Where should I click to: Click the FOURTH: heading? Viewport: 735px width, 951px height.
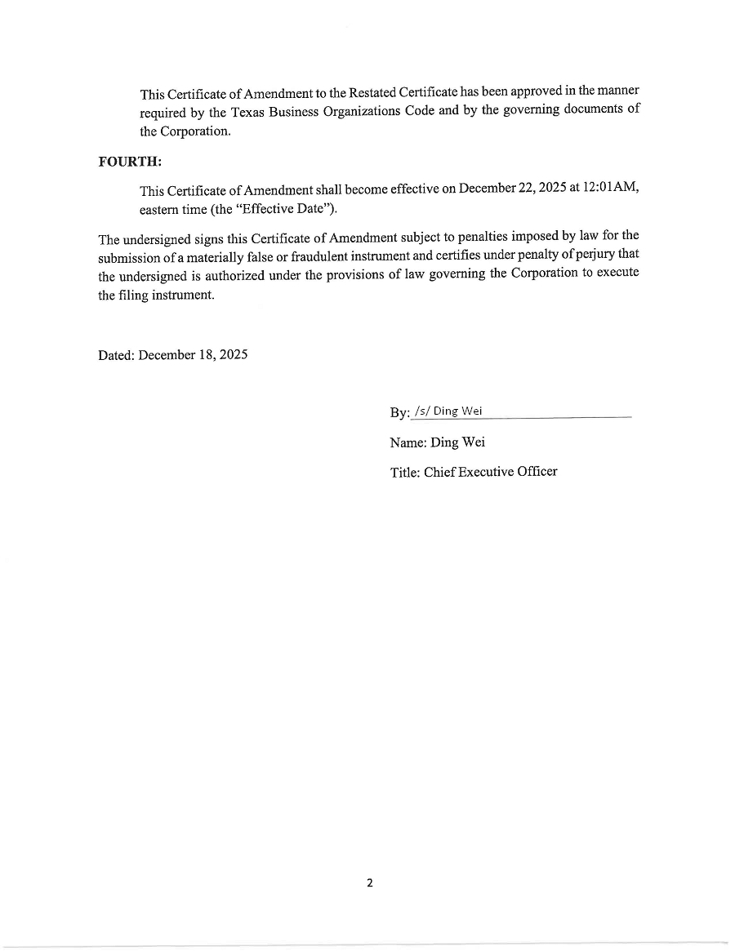pyautogui.click(x=131, y=161)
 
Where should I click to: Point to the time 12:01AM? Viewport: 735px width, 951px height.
pyautogui.click(x=610, y=188)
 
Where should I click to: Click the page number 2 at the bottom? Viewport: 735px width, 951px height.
pyautogui.click(x=369, y=882)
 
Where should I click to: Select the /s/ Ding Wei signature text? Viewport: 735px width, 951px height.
pyautogui.click(x=448, y=411)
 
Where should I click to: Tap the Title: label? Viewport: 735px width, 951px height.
pyautogui.click(x=405, y=472)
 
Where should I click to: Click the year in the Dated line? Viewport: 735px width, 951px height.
pyautogui.click(x=234, y=356)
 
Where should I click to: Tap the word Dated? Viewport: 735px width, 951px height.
pyautogui.click(x=117, y=356)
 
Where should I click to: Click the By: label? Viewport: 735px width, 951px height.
pyautogui.click(x=399, y=413)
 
